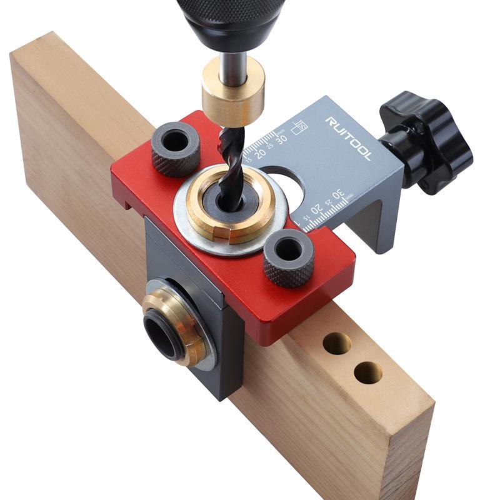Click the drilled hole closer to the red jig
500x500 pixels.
coord(337,343)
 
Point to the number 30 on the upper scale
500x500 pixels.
coord(282,138)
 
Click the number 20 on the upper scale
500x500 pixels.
coord(261,151)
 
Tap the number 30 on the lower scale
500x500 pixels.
coord(338,195)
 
